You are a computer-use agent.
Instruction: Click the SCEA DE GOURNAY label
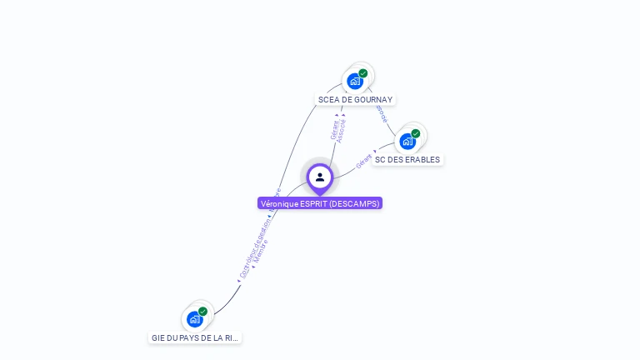(x=355, y=100)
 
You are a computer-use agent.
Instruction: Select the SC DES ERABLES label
(x=407, y=160)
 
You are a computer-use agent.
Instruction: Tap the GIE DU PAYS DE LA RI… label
(x=195, y=338)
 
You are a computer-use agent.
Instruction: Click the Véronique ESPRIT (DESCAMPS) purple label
(x=320, y=203)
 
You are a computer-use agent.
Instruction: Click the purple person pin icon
(x=320, y=177)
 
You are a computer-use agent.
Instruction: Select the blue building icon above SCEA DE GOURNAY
(x=355, y=81)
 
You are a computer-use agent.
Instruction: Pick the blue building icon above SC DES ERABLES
(x=407, y=141)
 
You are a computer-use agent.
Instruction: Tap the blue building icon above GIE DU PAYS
(x=195, y=319)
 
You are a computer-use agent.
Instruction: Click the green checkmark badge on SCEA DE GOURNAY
(x=363, y=73)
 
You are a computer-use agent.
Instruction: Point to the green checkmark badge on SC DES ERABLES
(x=416, y=133)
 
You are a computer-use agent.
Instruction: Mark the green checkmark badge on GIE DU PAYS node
(x=203, y=312)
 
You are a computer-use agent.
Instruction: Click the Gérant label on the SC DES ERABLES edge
(x=364, y=161)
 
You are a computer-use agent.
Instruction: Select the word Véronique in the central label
(x=277, y=203)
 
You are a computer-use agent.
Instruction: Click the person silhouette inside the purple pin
(x=320, y=177)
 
